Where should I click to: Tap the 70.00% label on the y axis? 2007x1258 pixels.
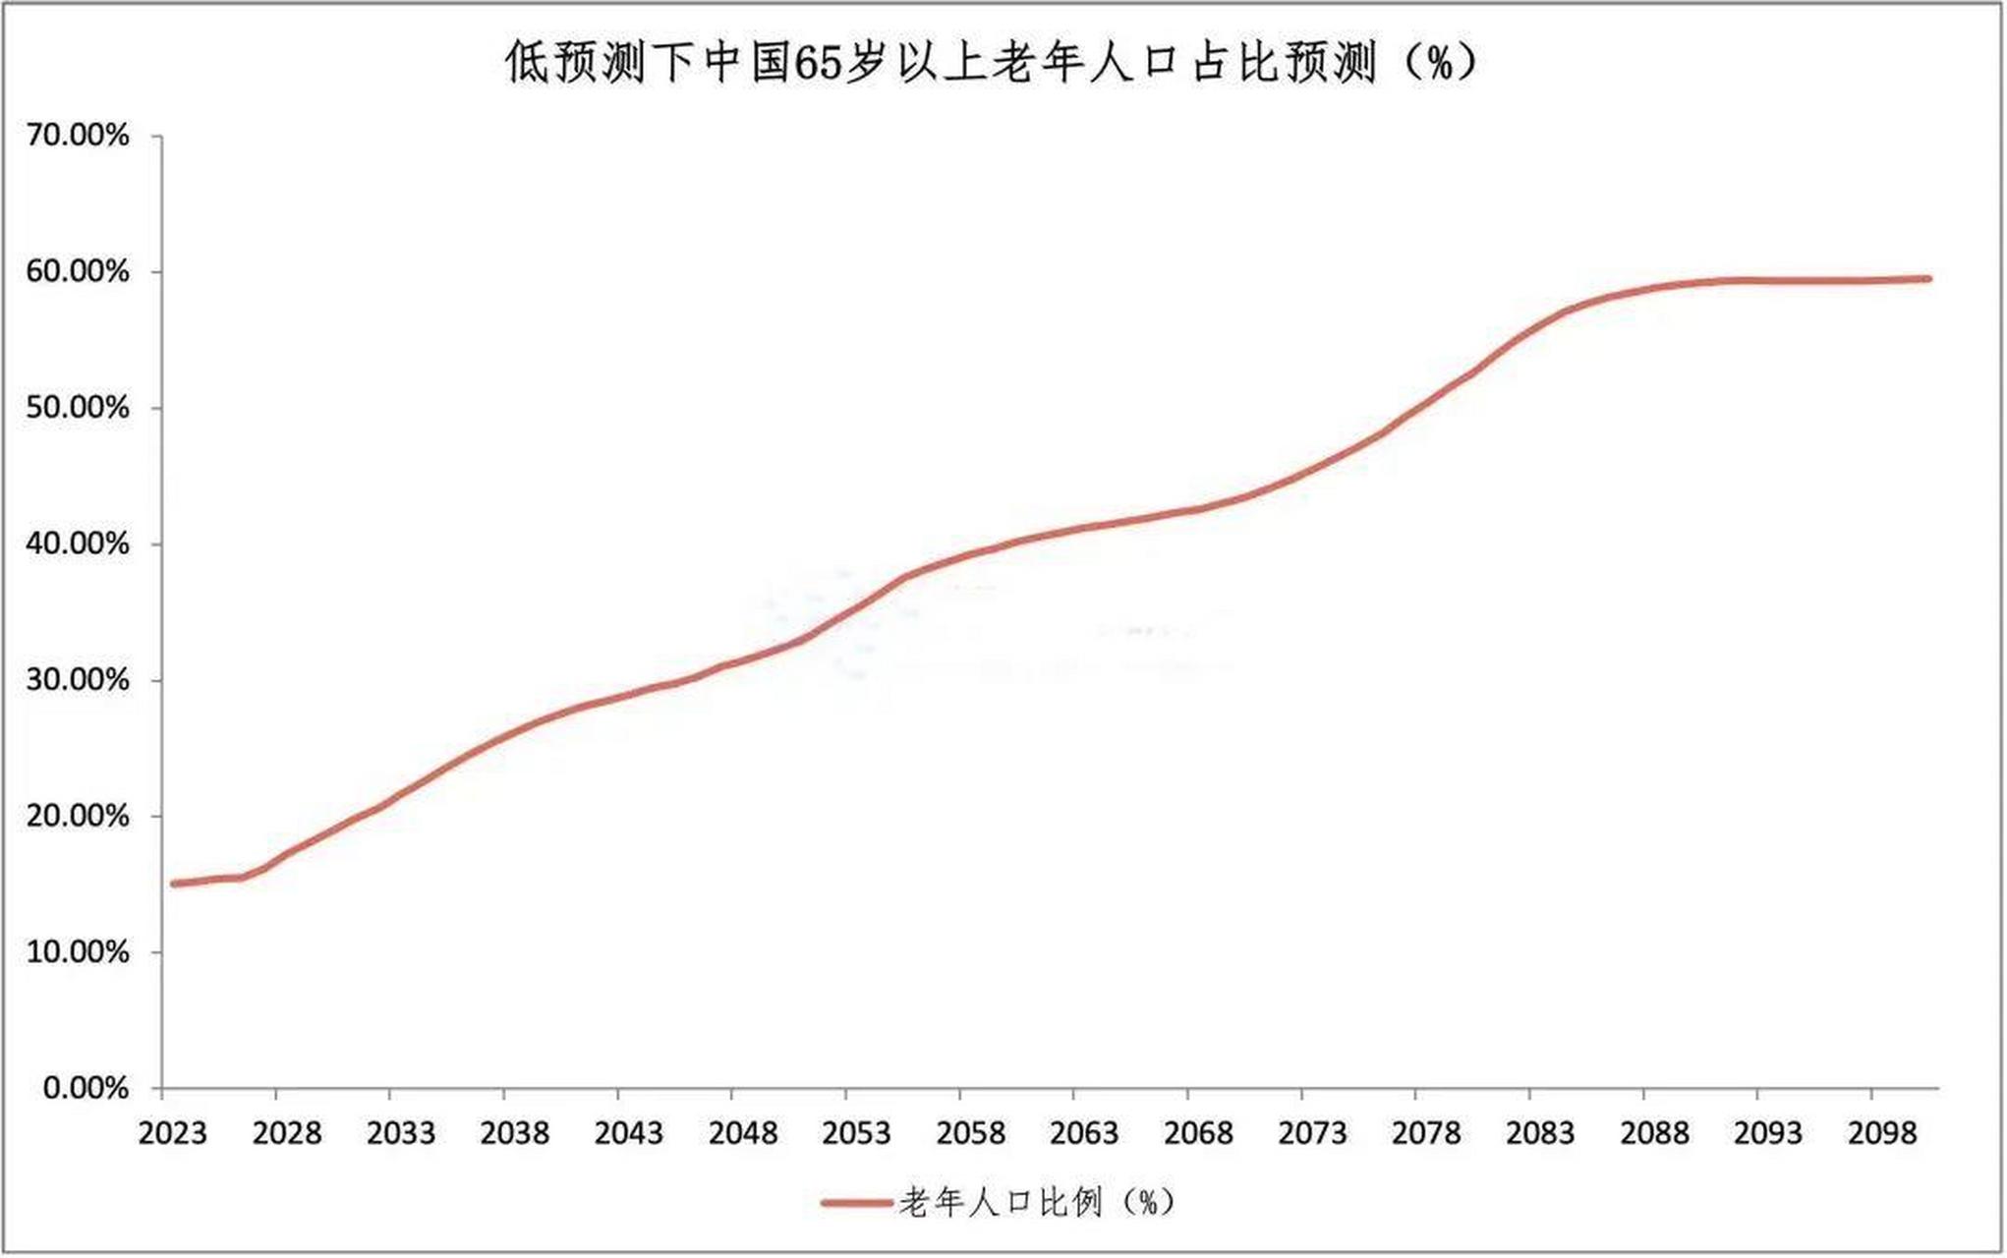(78, 136)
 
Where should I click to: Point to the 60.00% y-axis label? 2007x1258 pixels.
(78, 272)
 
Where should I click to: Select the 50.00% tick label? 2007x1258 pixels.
(78, 408)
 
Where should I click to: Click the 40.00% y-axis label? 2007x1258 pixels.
(78, 544)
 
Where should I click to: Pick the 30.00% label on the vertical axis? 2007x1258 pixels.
(78, 680)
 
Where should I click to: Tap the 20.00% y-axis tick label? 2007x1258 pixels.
(78, 817)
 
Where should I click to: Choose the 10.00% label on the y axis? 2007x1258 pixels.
(78, 952)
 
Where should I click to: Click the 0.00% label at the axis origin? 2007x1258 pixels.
(86, 1089)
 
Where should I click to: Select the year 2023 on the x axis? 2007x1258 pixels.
(173, 1134)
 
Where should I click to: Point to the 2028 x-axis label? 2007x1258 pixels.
(287, 1134)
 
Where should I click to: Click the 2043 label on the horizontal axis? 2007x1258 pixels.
(629, 1134)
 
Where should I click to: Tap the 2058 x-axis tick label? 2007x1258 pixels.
(971, 1134)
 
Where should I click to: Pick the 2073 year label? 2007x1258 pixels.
(1312, 1134)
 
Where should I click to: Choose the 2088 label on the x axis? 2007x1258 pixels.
(1654, 1134)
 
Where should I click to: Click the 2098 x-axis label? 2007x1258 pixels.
(1882, 1134)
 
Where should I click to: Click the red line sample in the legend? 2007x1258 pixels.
(857, 1202)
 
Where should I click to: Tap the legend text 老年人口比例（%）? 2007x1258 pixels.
(1037, 1202)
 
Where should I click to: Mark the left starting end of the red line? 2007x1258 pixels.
(174, 884)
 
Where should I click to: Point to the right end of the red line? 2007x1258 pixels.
(1928, 279)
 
